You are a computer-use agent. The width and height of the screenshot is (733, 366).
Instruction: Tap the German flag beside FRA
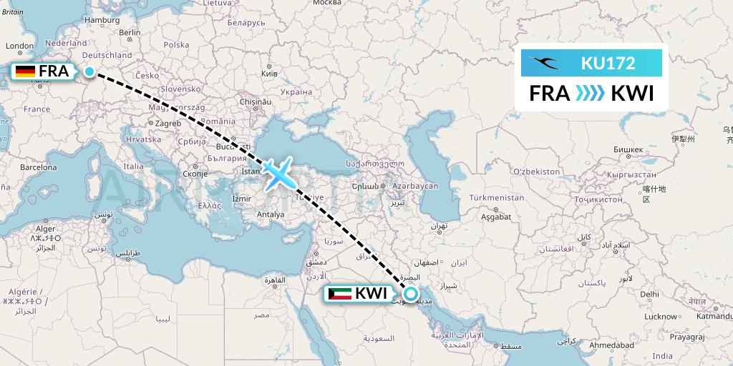click(25, 71)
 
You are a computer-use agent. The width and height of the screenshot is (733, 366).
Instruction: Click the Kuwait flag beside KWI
click(340, 294)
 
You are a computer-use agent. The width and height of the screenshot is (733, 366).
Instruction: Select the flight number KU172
click(608, 64)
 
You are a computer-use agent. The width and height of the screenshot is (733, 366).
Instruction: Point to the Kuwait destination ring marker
click(411, 293)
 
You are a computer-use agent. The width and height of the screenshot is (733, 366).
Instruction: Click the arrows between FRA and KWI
click(590, 94)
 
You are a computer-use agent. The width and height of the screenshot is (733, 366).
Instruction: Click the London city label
click(20, 46)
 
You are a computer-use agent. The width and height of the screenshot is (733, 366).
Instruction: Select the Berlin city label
click(130, 32)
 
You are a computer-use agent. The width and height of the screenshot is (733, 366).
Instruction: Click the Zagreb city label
click(168, 123)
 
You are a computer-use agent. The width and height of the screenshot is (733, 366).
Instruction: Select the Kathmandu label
click(712, 315)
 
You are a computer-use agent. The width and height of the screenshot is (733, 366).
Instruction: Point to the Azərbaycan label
click(414, 185)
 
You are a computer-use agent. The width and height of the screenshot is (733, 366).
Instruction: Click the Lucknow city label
click(661, 316)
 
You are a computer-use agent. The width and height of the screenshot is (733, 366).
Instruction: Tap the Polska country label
click(176, 44)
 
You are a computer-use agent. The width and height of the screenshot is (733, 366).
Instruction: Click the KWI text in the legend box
click(631, 94)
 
